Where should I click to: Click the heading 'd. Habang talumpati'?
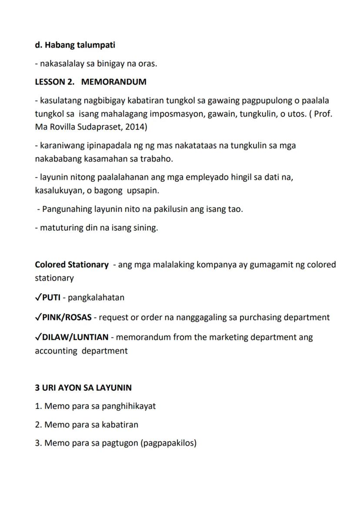[x=75, y=45]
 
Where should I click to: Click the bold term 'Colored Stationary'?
[x=72, y=264]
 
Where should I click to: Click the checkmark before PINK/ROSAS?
[x=38, y=317]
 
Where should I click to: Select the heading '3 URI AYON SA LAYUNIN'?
[x=83, y=387]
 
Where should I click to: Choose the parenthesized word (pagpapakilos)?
[x=169, y=444]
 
